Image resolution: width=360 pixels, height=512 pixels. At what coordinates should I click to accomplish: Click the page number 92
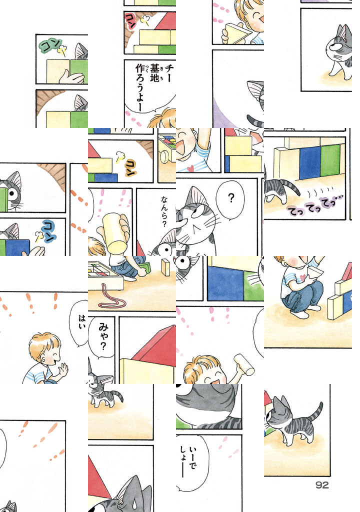tap(322, 485)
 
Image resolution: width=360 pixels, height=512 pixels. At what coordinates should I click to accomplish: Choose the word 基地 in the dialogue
tap(154, 73)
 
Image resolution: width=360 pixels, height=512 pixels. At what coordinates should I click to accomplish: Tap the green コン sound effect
tap(50, 45)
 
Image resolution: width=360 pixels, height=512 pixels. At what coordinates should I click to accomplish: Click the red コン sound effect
tap(130, 21)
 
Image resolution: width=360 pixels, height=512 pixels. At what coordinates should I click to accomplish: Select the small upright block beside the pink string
tap(166, 267)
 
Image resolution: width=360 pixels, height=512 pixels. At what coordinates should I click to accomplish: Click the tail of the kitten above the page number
tap(316, 412)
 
